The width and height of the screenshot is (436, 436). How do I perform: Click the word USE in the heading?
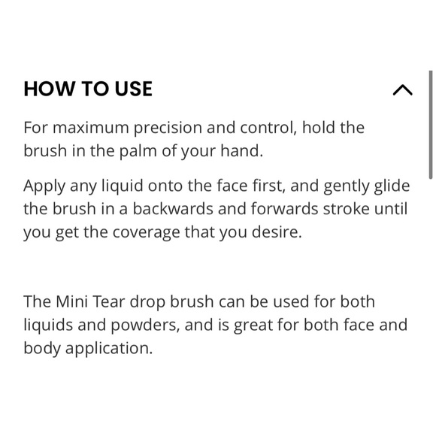point(134,89)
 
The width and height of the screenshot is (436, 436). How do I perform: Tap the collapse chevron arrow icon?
point(402,90)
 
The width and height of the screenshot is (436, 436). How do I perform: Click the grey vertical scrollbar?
point(431,125)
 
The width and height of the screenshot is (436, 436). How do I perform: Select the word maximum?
point(91,128)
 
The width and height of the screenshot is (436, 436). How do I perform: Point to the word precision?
point(168,129)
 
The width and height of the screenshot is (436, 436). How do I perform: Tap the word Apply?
point(44,186)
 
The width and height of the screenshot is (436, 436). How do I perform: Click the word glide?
point(392,186)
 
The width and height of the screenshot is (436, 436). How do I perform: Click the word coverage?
point(147,233)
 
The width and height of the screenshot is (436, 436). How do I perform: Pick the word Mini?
point(71,301)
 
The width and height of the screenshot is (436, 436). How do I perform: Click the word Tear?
point(109,301)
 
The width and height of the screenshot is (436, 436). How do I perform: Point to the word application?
point(109,349)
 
